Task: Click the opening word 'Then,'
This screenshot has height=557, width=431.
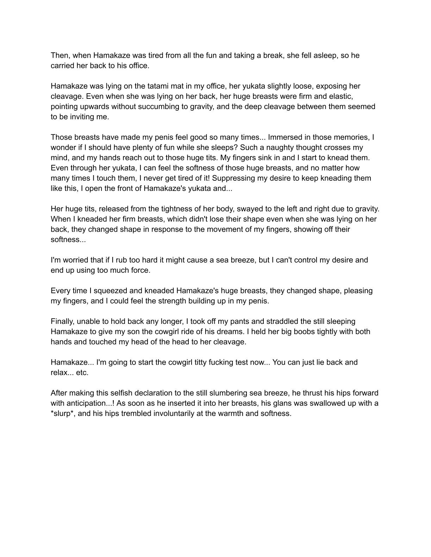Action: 61,56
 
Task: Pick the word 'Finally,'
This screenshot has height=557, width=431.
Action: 63,321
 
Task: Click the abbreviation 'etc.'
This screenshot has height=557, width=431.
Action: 82,373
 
